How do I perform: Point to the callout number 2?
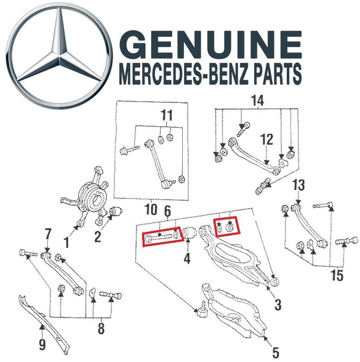pyautogui.click(x=97, y=236)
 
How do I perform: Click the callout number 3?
pyautogui.click(x=277, y=306)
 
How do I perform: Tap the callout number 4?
pyautogui.click(x=186, y=261)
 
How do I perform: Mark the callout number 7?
pyautogui.click(x=48, y=234)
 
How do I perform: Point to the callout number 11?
pyautogui.click(x=165, y=117)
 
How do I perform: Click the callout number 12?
pyautogui.click(x=267, y=138)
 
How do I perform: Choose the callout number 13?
pyautogui.click(x=298, y=185)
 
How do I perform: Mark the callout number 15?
pyautogui.click(x=337, y=277)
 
